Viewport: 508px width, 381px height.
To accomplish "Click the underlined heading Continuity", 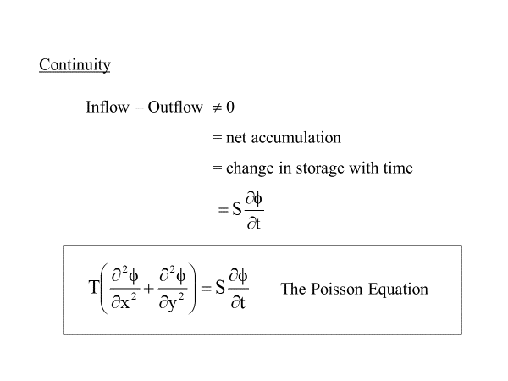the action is (75, 65).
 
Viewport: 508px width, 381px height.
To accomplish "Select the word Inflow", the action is (108, 107).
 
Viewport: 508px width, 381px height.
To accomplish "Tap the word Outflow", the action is (175, 107).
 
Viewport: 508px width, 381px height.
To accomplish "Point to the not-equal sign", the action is (217, 108).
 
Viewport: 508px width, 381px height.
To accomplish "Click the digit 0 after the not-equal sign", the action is (230, 107).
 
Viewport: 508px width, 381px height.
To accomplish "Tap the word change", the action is (250, 168).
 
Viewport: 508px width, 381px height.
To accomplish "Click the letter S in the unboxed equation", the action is (237, 209).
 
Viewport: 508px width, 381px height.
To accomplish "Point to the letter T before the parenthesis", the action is (93, 287).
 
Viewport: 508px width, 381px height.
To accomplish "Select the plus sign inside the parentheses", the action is (148, 288).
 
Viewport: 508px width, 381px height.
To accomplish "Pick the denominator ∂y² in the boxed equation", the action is (172, 302).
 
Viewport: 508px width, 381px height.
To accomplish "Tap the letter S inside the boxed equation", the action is (220, 287).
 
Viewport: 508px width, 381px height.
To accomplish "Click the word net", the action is (236, 138).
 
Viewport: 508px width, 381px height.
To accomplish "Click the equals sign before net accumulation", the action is (217, 138).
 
